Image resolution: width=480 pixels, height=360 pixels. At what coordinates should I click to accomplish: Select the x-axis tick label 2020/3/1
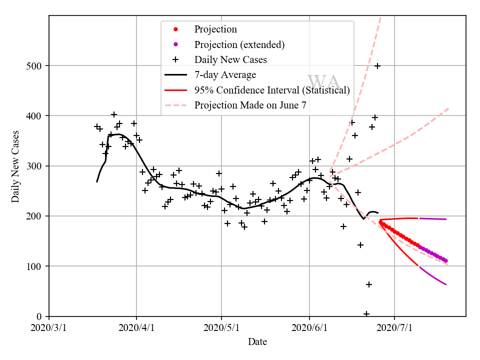[49, 328]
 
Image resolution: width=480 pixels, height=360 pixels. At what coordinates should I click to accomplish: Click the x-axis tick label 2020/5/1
[221, 328]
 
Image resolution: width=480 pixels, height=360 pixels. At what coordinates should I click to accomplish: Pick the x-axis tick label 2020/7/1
[394, 328]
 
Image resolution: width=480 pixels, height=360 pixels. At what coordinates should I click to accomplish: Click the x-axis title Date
[257, 342]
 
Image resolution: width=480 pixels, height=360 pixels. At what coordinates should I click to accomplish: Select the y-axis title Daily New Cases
[15, 166]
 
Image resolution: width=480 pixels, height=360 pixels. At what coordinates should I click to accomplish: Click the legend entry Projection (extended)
[239, 44]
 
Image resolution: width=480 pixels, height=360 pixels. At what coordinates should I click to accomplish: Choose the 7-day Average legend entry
[225, 75]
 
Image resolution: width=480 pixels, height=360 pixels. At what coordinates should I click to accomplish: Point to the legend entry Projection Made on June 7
[250, 105]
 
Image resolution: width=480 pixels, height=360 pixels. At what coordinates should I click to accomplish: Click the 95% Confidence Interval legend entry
[272, 90]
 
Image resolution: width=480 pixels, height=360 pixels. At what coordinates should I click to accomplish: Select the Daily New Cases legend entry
[230, 59]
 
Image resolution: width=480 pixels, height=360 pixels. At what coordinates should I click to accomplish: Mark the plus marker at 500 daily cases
[377, 66]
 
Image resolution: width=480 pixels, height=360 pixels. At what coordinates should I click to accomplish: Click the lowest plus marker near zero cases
[366, 314]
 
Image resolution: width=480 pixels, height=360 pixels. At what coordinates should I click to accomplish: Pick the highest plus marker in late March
[114, 114]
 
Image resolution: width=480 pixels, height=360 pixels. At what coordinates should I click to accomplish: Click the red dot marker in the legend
[175, 29]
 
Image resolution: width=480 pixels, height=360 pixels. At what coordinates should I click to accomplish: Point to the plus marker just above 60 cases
[369, 284]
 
